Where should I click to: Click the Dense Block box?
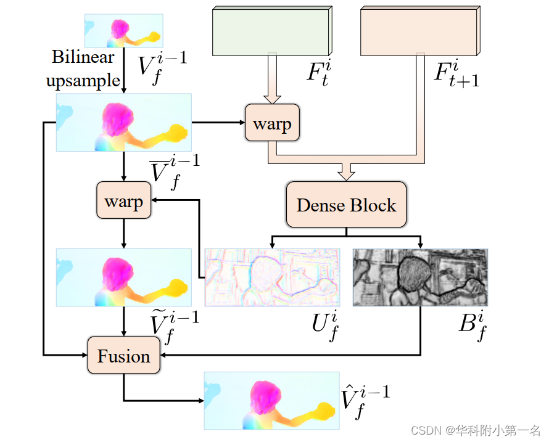346,205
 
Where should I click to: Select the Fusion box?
124,356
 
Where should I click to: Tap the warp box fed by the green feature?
272,123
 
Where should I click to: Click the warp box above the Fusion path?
124,201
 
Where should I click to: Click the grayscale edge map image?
420,277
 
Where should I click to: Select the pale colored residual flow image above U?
272,277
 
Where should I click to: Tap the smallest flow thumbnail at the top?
124,31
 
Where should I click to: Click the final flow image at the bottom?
271,400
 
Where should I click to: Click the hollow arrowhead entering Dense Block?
347,173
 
